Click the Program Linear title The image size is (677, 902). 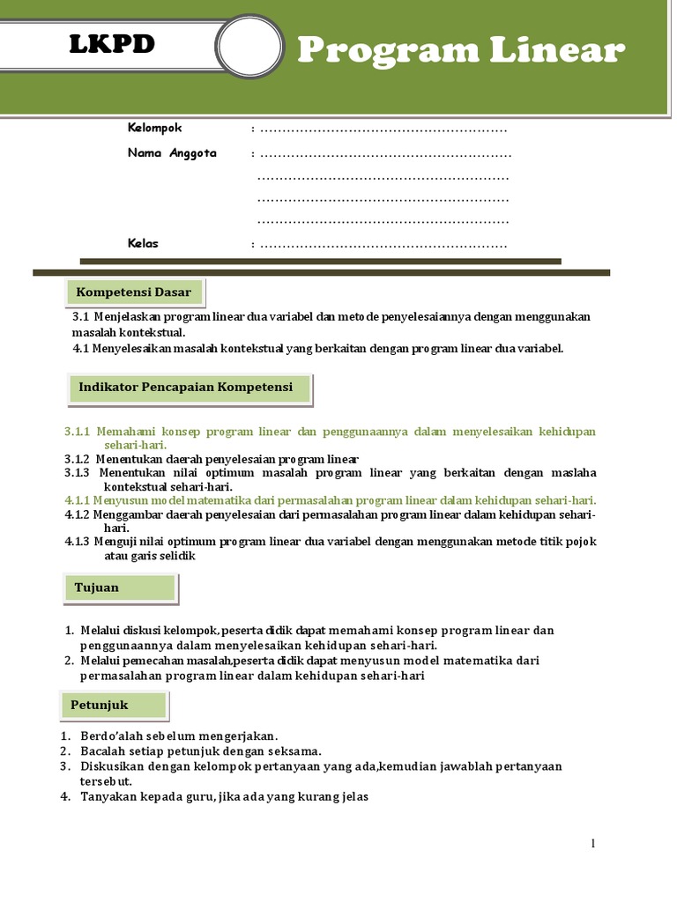click(x=461, y=51)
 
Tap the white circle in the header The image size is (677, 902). click(x=250, y=47)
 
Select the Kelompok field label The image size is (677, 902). click(x=154, y=129)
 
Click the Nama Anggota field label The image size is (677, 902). click(x=172, y=153)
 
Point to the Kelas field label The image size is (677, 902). click(x=143, y=243)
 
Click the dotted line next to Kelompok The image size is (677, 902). click(x=383, y=130)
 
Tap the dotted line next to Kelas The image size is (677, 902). click(x=383, y=245)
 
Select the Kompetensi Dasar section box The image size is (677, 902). click(x=134, y=292)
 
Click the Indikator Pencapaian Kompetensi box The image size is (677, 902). click(x=186, y=388)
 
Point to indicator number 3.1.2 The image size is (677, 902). click(x=78, y=459)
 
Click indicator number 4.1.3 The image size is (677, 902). click(x=78, y=542)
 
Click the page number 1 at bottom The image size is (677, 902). click(x=593, y=845)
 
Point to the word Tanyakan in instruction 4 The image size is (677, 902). click(x=108, y=797)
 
